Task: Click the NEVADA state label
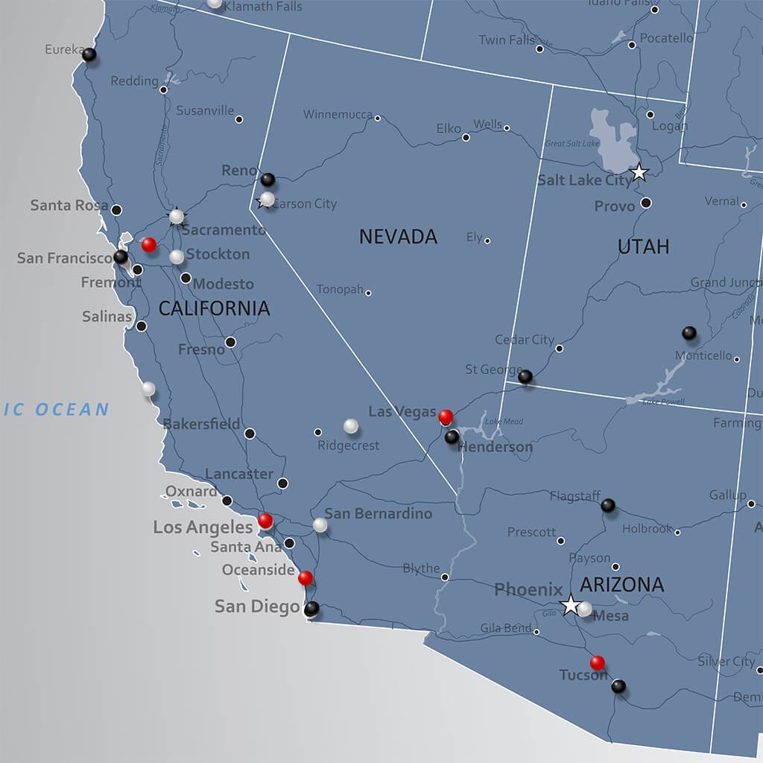point(398,237)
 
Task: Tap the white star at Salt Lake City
point(639,173)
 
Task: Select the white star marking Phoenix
point(571,604)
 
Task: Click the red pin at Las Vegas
point(446,417)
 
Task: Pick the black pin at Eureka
point(89,54)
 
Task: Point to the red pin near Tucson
point(597,662)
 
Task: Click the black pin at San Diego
point(311,608)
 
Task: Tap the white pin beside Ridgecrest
point(350,425)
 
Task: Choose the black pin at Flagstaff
point(608,505)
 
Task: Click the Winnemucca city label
point(338,115)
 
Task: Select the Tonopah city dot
point(368,293)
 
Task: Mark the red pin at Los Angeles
point(265,520)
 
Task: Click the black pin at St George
point(525,376)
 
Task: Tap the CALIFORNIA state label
point(214,308)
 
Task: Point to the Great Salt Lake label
point(572,143)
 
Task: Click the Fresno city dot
point(231,342)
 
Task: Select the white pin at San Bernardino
point(320,525)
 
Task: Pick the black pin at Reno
point(267,180)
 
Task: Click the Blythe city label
point(421,569)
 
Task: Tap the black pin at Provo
point(646,203)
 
